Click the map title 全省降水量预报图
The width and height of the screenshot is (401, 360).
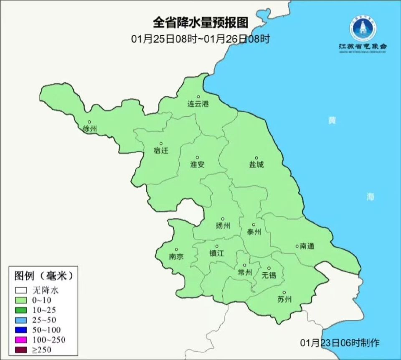click(x=200, y=22)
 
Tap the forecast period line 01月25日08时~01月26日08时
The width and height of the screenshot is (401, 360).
click(x=200, y=39)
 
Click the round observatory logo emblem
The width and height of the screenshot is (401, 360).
click(x=363, y=28)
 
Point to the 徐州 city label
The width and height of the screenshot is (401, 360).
click(x=89, y=129)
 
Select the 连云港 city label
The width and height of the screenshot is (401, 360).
click(x=198, y=104)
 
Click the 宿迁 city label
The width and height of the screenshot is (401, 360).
click(x=161, y=151)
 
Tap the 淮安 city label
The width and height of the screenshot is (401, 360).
click(x=197, y=165)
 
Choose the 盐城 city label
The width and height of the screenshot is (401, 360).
click(x=256, y=165)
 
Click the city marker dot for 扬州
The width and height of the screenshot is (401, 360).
click(x=223, y=219)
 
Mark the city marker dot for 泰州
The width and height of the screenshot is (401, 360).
click(x=254, y=225)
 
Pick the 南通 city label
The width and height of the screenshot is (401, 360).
click(x=307, y=246)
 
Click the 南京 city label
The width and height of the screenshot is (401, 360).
click(x=176, y=257)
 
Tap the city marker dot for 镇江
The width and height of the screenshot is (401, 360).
click(x=217, y=246)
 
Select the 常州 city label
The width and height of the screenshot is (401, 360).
click(x=244, y=273)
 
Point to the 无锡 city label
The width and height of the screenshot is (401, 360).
click(x=269, y=275)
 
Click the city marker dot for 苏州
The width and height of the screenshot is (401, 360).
click(x=284, y=293)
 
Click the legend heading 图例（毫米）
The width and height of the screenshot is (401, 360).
click(x=44, y=276)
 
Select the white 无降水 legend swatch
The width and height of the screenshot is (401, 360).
click(x=21, y=290)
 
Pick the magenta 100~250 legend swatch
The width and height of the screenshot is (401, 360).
click(x=21, y=340)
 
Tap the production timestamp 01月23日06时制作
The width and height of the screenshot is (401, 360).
click(x=340, y=343)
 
